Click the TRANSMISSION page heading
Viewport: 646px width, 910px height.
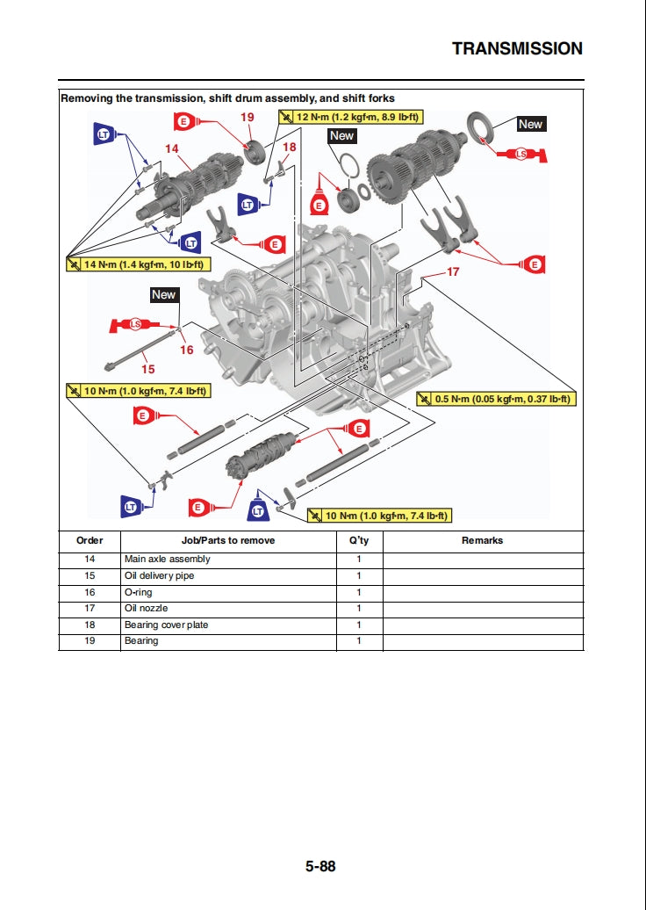coord(517,49)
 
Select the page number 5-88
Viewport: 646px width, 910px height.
coord(320,866)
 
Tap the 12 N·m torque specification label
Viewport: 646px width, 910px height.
coord(349,116)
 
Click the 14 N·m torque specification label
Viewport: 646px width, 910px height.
coord(136,264)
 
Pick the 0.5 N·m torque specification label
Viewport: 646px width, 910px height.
coord(496,399)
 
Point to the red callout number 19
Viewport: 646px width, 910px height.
coord(248,117)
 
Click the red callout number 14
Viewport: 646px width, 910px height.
coord(171,148)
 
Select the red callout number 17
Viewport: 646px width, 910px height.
coord(453,271)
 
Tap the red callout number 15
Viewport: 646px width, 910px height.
coord(148,369)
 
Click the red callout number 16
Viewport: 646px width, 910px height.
coord(186,350)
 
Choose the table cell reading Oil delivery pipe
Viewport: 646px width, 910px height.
coord(159,576)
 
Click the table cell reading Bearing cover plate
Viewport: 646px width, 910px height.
coord(166,625)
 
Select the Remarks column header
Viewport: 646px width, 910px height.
coord(482,540)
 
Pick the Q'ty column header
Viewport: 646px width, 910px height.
coord(359,540)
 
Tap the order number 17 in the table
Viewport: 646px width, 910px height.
coord(90,608)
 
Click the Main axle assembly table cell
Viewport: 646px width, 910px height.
coord(167,560)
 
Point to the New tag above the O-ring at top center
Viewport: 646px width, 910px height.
coord(341,135)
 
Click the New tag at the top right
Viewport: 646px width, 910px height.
coord(530,124)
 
